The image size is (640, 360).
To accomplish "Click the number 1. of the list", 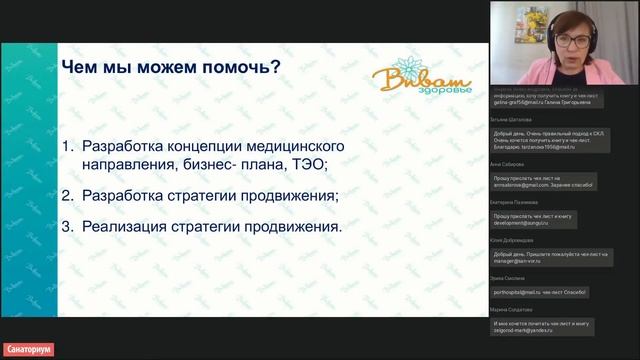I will point(68,146).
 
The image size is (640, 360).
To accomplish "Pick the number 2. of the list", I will point(68,194).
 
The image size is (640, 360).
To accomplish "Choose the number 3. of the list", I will point(68,226).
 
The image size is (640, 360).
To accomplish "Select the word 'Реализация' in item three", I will point(128,226).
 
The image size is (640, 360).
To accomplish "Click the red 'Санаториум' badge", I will point(27,350).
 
